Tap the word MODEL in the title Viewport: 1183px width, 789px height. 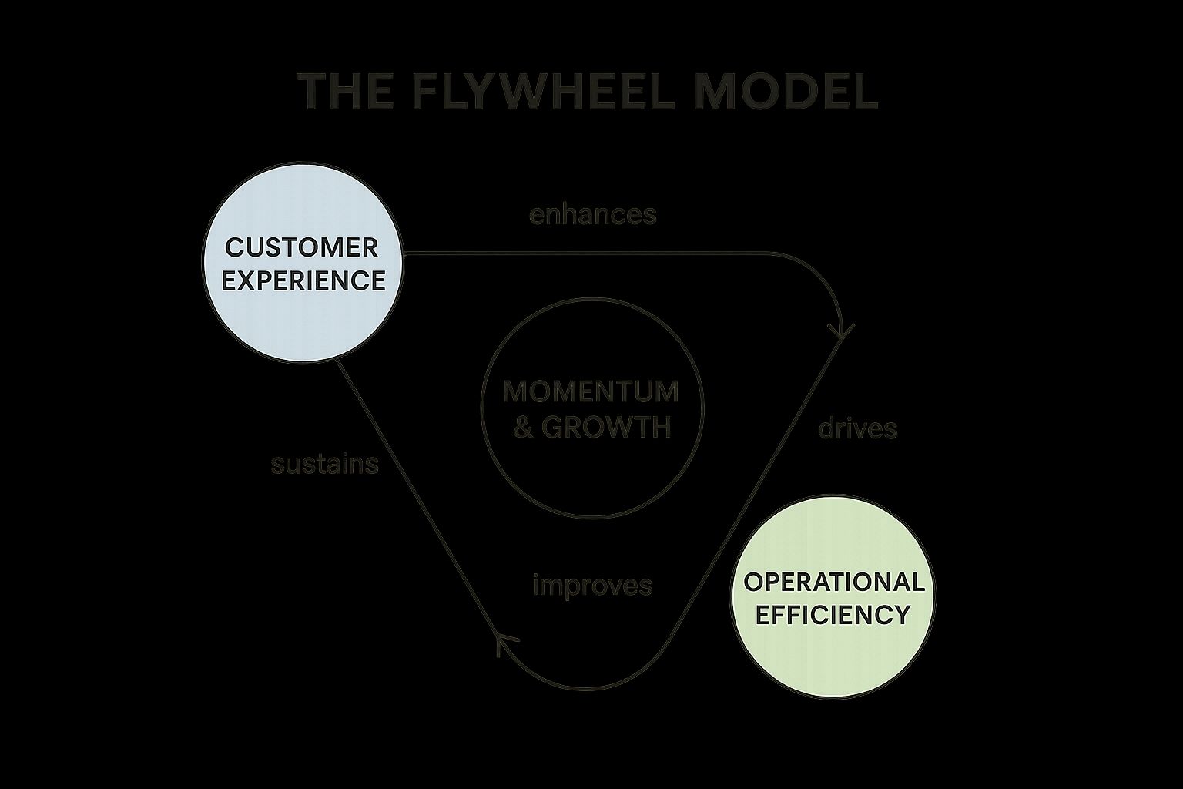785,91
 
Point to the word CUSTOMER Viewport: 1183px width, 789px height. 302,248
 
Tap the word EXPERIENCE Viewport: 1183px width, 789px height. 303,280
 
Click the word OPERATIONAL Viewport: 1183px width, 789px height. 834,582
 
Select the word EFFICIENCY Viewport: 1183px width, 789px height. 833,615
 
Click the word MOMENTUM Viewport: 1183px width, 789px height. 591,391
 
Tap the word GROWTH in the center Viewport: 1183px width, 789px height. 606,427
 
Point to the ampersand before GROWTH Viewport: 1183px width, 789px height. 523,427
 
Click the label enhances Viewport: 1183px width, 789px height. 592,214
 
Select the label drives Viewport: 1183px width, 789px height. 857,428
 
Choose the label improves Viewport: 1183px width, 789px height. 592,586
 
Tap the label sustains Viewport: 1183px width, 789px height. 324,464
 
